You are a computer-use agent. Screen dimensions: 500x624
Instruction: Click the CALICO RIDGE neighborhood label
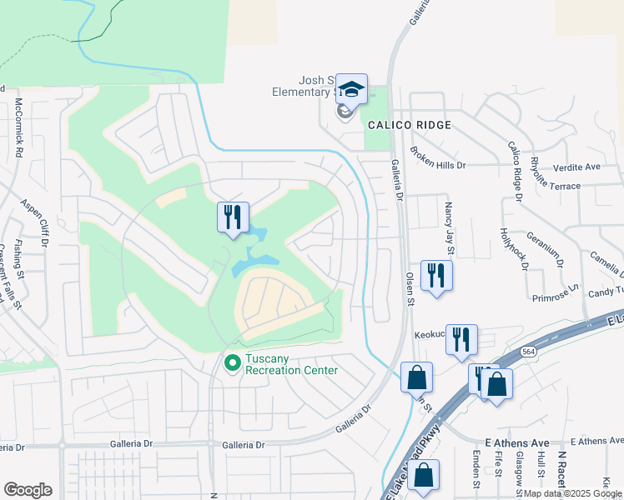pos(410,125)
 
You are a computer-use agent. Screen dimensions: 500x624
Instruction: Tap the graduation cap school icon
pos(351,89)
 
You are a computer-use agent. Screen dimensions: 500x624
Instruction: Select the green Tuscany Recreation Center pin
pos(233,362)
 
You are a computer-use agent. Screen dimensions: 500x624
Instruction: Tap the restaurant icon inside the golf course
pos(233,217)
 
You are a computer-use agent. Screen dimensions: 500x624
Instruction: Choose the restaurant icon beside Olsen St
pos(436,275)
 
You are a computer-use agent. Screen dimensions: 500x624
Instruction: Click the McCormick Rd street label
pos(18,128)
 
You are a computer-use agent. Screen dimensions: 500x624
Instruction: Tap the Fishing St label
pos(18,262)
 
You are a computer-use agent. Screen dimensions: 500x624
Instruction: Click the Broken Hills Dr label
pos(437,166)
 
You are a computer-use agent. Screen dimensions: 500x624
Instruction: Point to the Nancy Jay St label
pos(450,227)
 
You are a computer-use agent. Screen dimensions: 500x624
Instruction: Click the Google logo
pos(28,490)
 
